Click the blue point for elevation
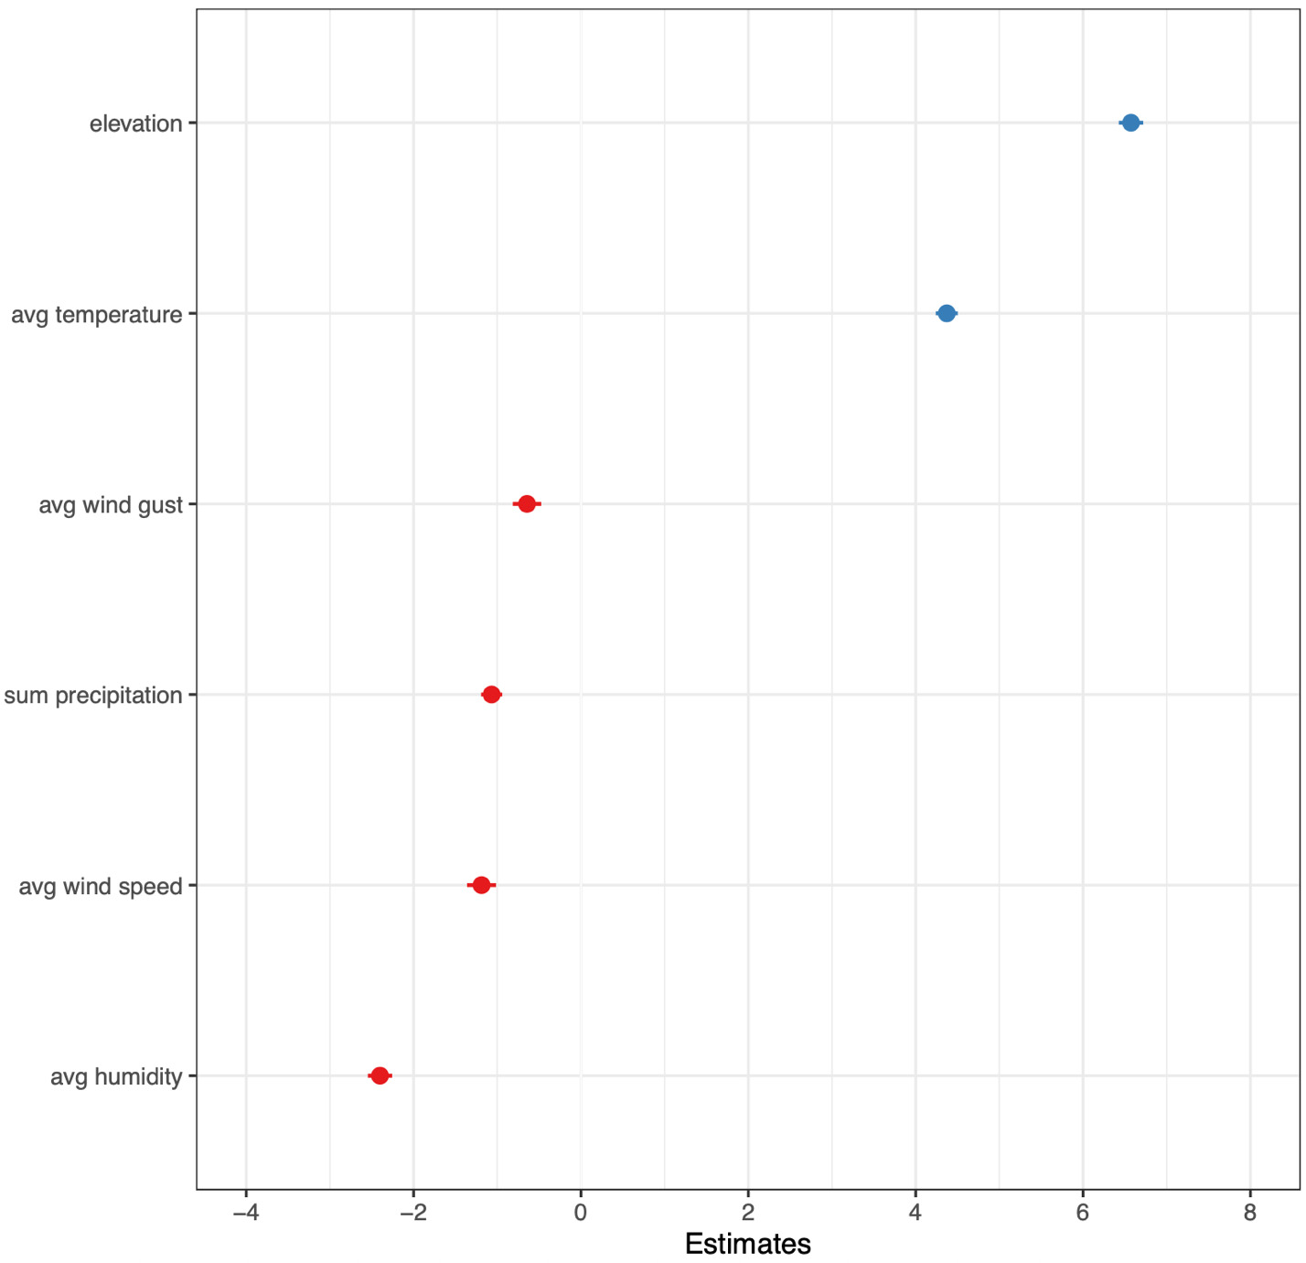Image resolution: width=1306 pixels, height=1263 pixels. pos(1130,123)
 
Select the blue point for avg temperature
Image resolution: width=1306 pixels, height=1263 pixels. pos(946,314)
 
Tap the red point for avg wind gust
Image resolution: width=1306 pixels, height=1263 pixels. pos(527,504)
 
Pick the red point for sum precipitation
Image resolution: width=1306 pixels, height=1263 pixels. pos(491,695)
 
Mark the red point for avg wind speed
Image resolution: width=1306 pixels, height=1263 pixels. pos(481,885)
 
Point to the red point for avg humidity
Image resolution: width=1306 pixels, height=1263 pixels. pos(380,1075)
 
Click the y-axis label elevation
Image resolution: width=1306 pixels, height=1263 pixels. pos(136,124)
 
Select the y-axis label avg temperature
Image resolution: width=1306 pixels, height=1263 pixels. pos(97,315)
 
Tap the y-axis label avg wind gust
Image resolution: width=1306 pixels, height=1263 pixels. pos(111,505)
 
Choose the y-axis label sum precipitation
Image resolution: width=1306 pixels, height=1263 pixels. pos(93,696)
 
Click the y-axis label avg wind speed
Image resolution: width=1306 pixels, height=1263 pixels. pos(101,886)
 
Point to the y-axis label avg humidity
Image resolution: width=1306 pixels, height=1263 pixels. pos(116,1077)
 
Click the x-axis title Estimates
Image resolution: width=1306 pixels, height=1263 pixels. pos(747,1244)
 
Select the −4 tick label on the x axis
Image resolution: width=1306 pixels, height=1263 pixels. pos(245,1214)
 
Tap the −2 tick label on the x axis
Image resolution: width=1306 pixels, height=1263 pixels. pos(412,1214)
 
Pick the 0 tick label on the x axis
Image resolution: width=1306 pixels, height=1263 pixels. pos(581,1214)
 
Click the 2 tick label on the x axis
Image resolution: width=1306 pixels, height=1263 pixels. pos(748,1214)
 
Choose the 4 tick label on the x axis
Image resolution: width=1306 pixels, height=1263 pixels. pos(915,1214)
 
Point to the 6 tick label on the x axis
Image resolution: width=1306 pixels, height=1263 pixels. pos(1083,1214)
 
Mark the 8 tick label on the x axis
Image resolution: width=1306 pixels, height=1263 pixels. pos(1250,1214)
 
